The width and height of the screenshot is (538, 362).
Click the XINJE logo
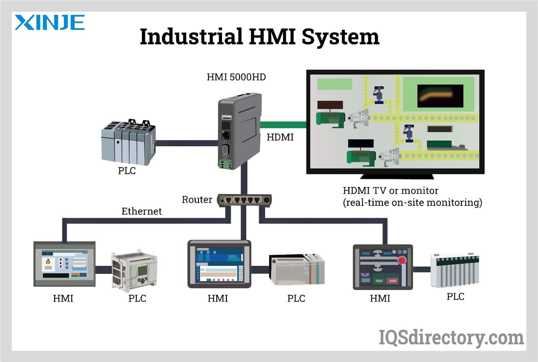point(50,22)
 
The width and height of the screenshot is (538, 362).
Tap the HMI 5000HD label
point(236,77)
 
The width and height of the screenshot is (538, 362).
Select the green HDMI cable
point(283,125)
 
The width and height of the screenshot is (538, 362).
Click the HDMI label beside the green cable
point(280,137)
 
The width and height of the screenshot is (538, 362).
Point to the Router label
point(197,199)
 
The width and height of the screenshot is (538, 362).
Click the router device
point(244,200)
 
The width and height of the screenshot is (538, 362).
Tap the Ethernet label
point(142,211)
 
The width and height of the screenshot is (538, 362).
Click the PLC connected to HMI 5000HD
point(128,142)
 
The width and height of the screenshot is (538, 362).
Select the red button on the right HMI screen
point(401,260)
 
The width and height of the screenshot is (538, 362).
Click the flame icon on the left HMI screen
point(48,261)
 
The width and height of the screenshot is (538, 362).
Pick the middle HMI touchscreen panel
point(219,264)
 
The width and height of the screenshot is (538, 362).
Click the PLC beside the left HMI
point(134,271)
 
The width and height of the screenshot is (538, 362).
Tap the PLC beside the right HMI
point(455,270)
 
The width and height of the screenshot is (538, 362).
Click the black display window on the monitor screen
point(440,96)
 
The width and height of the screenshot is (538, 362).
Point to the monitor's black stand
point(397,177)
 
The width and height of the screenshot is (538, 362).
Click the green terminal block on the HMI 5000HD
point(225,164)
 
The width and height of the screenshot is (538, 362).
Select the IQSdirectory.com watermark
point(451,338)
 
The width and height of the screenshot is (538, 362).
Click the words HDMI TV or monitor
point(390,191)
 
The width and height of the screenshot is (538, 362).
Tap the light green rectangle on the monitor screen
point(335,84)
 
